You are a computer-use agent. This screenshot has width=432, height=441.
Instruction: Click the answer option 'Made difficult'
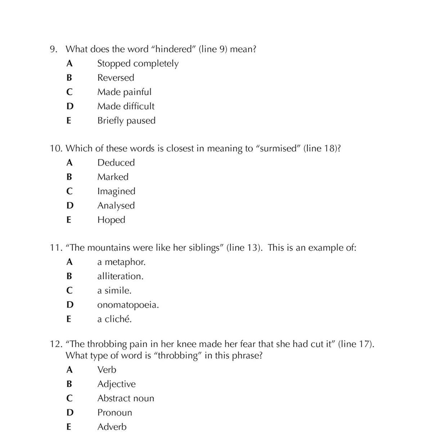coord(126,106)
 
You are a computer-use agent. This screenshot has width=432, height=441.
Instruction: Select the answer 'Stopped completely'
coord(138,64)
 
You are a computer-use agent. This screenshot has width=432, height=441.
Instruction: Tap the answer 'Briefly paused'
coord(126,121)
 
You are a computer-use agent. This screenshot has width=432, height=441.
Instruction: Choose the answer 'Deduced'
coord(116,163)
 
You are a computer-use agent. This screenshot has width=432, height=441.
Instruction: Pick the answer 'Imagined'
coord(116,191)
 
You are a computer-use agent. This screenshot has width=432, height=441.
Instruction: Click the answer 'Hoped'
coord(111,220)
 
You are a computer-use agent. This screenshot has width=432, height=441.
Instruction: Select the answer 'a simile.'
coord(114,291)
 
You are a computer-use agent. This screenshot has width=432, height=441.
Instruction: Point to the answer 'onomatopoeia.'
coord(128,305)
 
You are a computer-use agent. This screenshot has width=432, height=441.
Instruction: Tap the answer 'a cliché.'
coord(114,319)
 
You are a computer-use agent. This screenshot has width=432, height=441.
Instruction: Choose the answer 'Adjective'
coord(116,384)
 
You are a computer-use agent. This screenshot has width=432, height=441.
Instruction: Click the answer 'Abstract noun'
coord(125,399)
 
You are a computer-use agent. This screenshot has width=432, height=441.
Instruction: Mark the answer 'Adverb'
coord(112,427)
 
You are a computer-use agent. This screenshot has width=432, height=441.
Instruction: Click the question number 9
coord(53,49)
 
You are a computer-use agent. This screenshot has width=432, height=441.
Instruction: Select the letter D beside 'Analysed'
coord(70,206)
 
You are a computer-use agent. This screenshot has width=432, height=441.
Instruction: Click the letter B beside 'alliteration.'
coord(69,276)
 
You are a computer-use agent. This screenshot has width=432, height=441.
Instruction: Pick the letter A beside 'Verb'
coord(69,370)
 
